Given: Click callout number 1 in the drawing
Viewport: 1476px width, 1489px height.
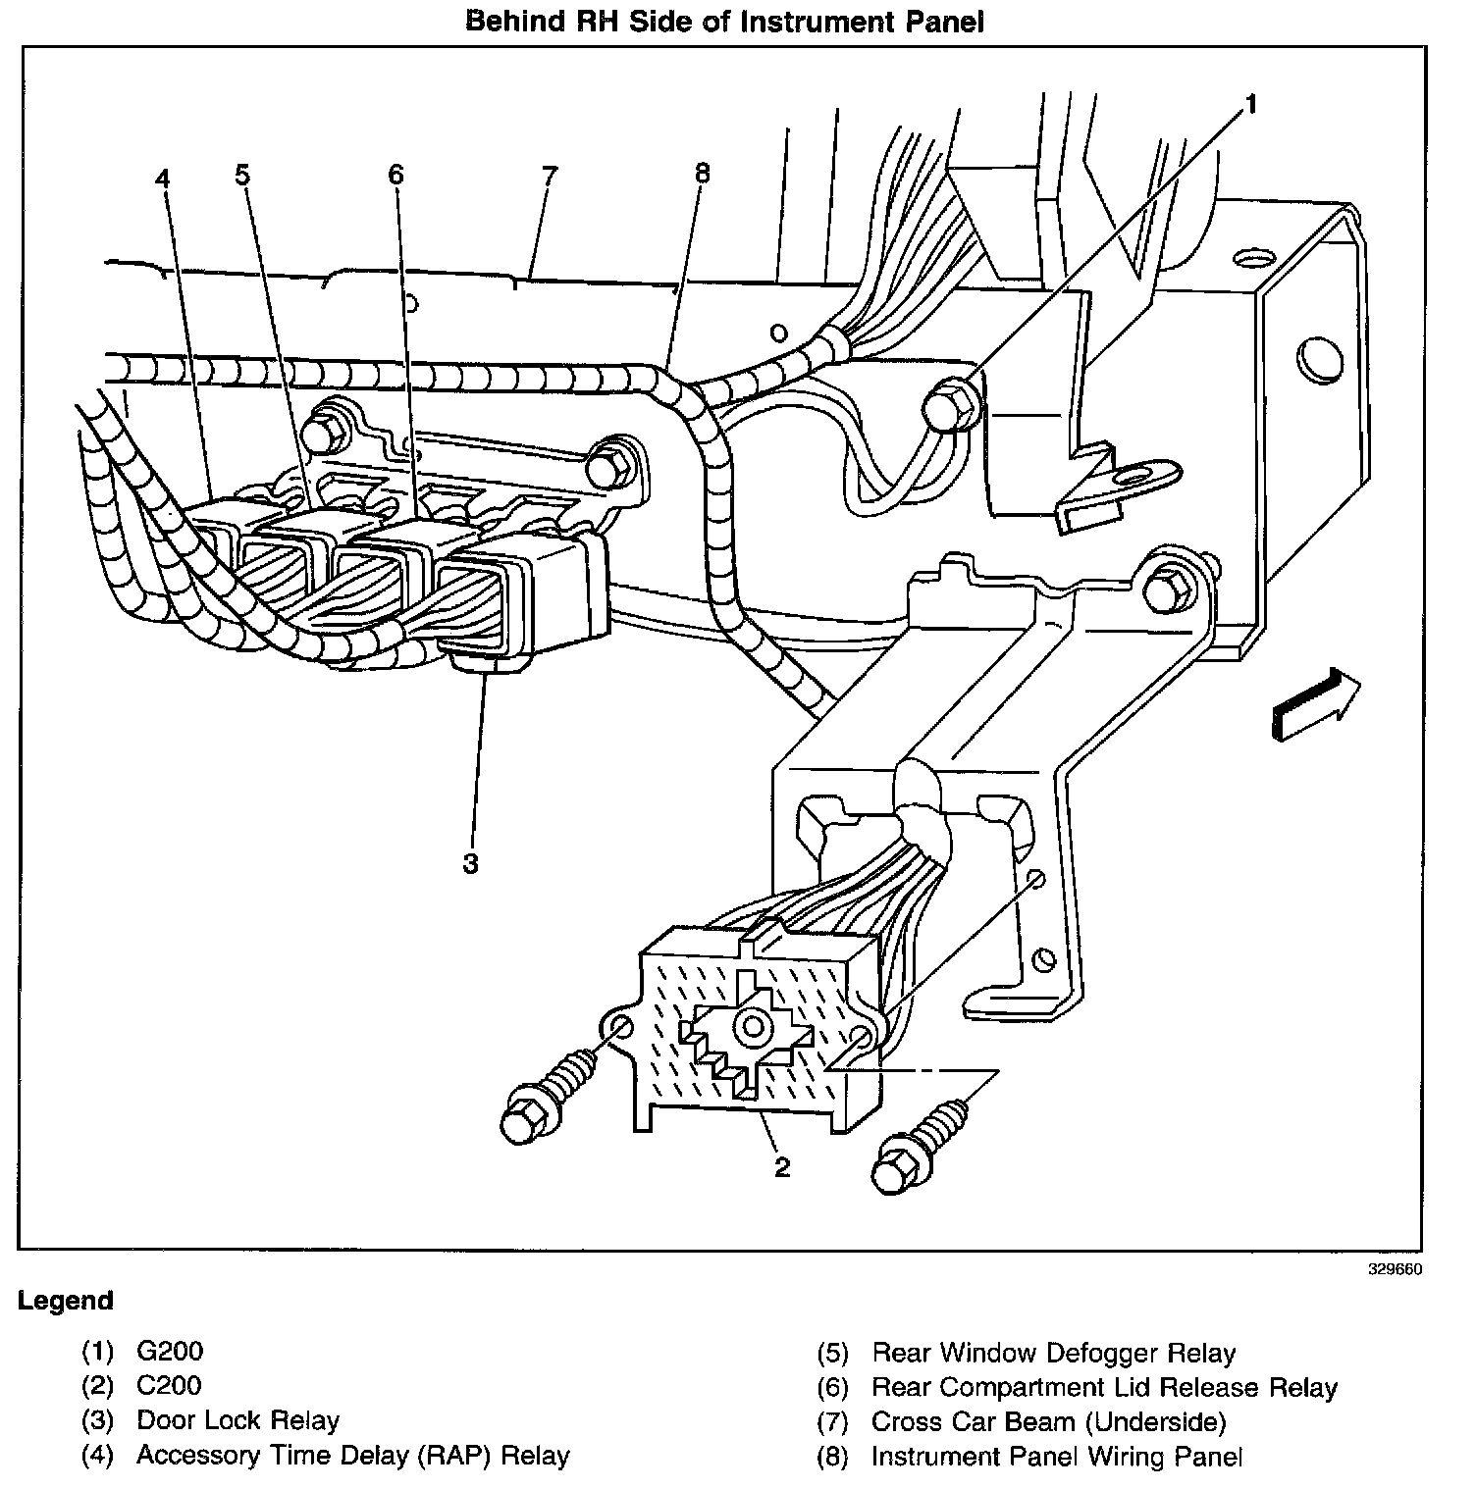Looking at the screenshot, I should coord(1250,104).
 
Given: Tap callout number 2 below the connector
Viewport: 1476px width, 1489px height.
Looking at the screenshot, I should coord(781,1166).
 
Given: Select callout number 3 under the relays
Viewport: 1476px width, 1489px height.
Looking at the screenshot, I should coord(471,863).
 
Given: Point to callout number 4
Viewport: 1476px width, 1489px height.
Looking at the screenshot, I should coord(163,179).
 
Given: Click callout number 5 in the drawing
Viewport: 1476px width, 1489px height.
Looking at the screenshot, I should coord(242,175).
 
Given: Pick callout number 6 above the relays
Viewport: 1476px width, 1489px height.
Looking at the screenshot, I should coord(395,175).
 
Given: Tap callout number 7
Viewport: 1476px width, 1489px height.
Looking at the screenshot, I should coord(549,177).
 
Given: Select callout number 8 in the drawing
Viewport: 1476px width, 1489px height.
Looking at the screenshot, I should coord(701,174).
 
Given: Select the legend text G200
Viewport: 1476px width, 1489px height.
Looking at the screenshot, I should coord(170,1352).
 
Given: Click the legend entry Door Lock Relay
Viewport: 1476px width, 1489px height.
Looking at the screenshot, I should coord(237,1420).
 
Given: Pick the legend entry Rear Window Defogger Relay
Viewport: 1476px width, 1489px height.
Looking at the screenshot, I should coord(1053,1354).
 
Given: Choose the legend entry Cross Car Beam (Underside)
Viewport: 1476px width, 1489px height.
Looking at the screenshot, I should coord(1048,1422).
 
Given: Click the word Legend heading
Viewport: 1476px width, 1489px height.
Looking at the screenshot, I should coord(66,1301).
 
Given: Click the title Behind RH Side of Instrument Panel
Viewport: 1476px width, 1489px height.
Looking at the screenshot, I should coord(724,22).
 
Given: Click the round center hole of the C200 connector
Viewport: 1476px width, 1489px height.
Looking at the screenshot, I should coord(754,1027).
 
